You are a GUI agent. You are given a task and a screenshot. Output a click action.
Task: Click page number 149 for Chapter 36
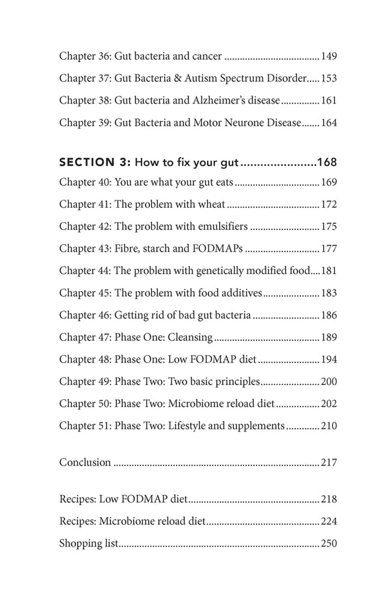[329, 56]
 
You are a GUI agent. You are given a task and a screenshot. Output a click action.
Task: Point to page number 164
[329, 123]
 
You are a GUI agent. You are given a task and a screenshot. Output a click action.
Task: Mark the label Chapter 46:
[85, 315]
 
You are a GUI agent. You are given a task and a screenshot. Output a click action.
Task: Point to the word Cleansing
[190, 337]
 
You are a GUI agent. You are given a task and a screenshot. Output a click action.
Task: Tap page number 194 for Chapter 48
[329, 360]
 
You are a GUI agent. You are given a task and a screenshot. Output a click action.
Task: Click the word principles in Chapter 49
[237, 382]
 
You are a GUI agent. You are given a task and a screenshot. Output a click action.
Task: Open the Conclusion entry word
[85, 462]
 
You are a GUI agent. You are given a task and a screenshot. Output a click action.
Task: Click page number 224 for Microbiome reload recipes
[329, 522]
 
